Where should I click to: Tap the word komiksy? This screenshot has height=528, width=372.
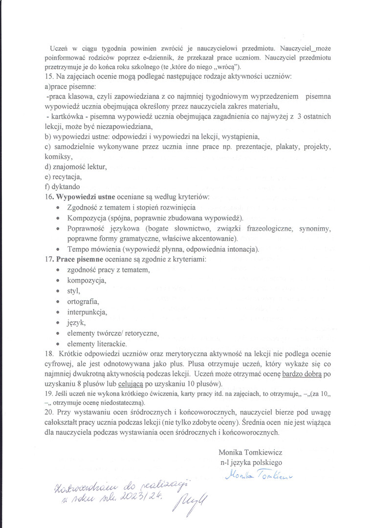tap(58, 157)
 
